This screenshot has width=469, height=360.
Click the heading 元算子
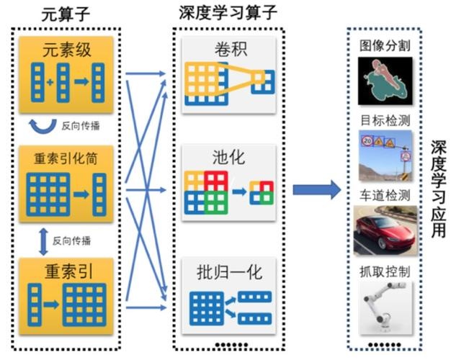point(66,14)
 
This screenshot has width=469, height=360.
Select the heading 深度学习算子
point(228,12)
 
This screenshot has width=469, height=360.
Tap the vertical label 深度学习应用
point(438,189)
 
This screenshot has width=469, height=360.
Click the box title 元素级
point(66,50)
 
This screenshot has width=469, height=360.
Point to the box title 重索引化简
point(66,158)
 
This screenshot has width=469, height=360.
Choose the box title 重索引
point(68,271)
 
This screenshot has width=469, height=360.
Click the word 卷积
point(231,49)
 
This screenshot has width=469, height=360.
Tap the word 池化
point(229,157)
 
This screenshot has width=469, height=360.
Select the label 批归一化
point(229,272)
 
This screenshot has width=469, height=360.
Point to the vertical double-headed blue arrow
point(44,242)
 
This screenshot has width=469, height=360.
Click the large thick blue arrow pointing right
point(317,189)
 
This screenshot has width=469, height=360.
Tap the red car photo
point(385,230)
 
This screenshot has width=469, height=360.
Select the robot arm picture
point(385,308)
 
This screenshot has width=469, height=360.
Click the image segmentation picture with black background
point(385,81)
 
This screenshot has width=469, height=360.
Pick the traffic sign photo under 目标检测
point(385,156)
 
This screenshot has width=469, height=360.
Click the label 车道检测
point(385,196)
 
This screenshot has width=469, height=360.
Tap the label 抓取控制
point(385,271)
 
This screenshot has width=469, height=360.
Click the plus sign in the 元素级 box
point(50,81)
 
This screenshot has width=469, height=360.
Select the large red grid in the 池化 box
point(216,181)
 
